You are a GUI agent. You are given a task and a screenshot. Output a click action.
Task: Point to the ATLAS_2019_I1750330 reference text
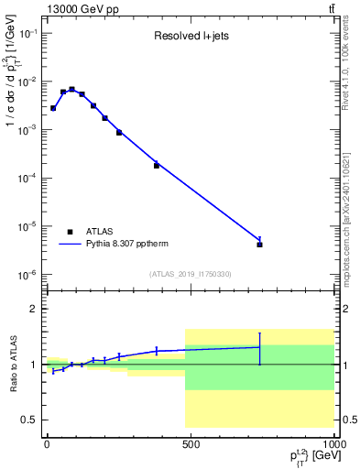click(x=191, y=274)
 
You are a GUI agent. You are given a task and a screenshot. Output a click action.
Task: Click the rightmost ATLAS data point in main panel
click(x=260, y=245)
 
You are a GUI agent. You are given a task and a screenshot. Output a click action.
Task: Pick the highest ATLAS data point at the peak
click(x=72, y=90)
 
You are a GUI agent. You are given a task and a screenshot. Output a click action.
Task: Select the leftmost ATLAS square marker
click(x=53, y=108)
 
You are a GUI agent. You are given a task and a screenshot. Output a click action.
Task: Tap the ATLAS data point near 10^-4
click(x=157, y=166)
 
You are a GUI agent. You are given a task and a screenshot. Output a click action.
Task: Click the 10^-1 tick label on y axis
click(x=27, y=33)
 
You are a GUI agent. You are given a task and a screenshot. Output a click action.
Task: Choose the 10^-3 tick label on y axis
click(x=27, y=130)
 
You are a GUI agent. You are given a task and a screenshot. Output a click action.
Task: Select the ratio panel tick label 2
click(x=33, y=309)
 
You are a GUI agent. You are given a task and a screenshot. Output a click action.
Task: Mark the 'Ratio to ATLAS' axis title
click(x=12, y=364)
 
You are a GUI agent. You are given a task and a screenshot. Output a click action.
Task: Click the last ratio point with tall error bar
click(x=260, y=347)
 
